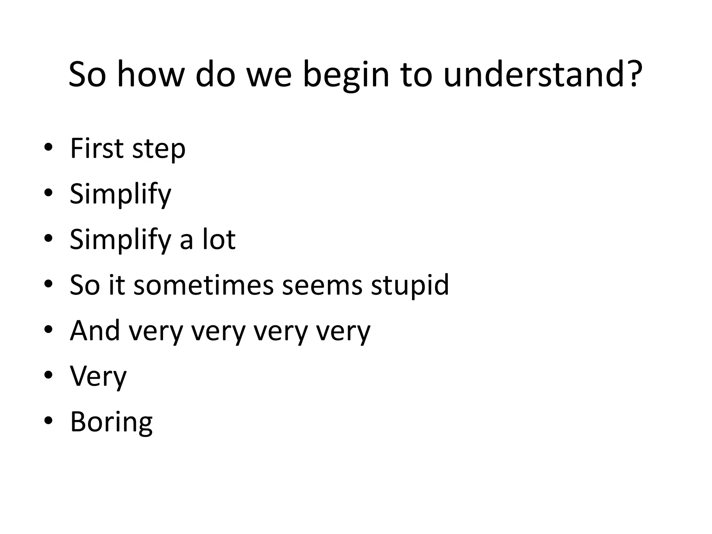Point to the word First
click(97, 148)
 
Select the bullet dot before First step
click(48, 147)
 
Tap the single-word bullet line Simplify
click(120, 194)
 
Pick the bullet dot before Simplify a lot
click(48, 238)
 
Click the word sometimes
click(203, 285)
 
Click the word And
click(95, 331)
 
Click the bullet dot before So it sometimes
click(48, 284)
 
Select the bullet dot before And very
click(48, 330)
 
